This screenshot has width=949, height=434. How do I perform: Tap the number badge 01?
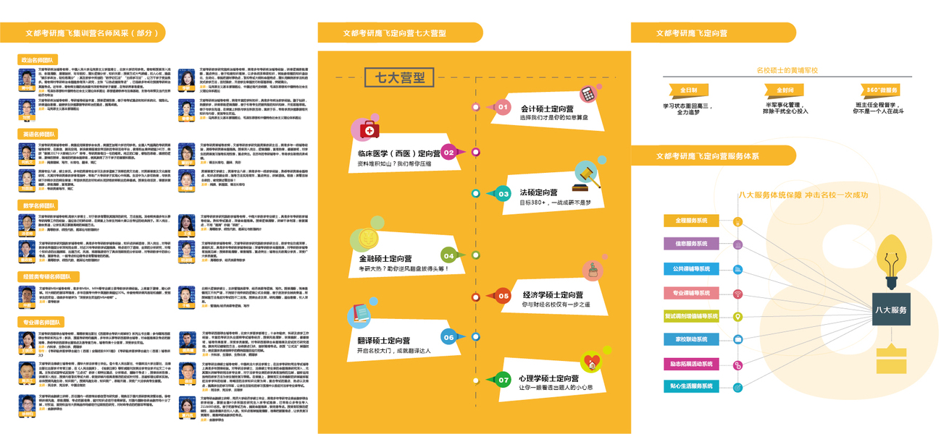503,107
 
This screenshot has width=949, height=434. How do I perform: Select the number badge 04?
448,255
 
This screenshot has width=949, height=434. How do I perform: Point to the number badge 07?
503,379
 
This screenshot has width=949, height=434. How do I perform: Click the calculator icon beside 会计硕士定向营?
587,95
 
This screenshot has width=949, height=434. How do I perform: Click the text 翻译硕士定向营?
384,340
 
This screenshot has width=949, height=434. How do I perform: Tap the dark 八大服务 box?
890,310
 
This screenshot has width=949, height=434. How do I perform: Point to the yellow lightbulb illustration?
891,260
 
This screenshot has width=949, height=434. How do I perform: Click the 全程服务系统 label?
691,221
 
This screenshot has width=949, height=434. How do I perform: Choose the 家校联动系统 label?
691,339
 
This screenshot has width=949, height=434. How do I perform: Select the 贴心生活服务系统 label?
691,386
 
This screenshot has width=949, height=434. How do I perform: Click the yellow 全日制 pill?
688,90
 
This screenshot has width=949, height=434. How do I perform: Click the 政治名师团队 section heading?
38,60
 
